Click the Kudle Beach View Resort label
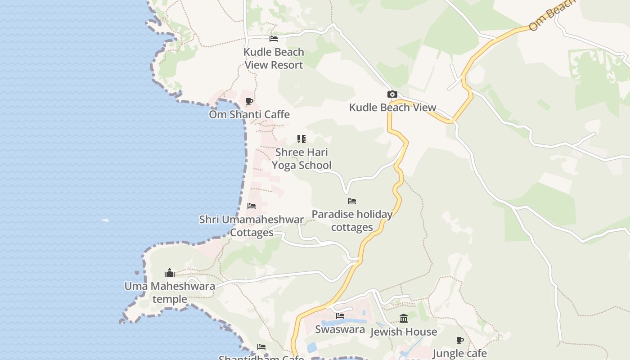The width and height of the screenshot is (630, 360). coord(274,58)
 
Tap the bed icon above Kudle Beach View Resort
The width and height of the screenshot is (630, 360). coord(273,39)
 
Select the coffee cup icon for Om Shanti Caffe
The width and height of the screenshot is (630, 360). coord(249,102)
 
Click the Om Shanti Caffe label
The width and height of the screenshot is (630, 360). coord(249,114)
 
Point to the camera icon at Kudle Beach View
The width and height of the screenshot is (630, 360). coord(392,94)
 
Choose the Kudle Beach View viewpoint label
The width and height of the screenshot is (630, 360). coord(392,107)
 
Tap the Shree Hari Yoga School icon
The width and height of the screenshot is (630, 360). coord(301,139)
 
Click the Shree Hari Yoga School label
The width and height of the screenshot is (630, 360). coord(301,158)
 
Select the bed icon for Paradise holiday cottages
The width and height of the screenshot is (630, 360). coord(352,201)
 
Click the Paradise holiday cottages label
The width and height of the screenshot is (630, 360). coord(352,220)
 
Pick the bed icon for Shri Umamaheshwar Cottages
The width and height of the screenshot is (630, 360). coord(252,206)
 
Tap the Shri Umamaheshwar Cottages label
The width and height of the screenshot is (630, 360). coord(252,226)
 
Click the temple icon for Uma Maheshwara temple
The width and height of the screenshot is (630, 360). coord(170,273)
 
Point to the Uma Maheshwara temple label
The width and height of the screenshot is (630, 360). coord(170,292)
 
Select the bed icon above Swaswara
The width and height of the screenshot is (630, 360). coord(340,316)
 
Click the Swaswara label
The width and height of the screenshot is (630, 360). coord(340,329)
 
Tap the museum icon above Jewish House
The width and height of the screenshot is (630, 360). coord(404,319)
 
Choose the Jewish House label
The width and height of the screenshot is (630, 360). coord(404,332)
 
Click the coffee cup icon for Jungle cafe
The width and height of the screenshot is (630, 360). coord(459,340)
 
